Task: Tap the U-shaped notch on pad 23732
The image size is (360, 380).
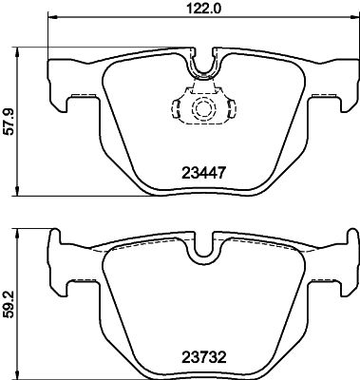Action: [x=203, y=249]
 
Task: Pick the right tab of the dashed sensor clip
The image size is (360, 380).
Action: [x=227, y=106]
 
